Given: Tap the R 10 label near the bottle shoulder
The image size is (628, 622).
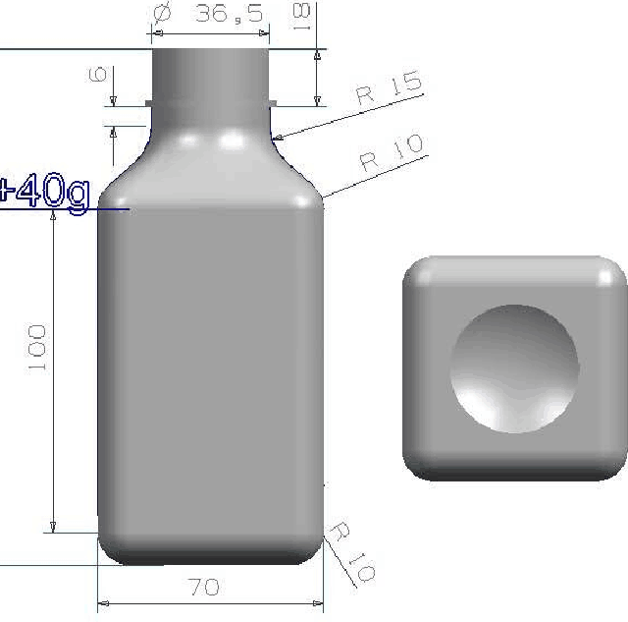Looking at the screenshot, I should click(x=392, y=152).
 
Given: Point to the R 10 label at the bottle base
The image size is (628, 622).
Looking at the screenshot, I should click(x=350, y=552).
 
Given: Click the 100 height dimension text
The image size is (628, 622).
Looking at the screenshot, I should click(x=38, y=348).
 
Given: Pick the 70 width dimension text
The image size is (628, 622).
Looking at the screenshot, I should click(x=204, y=588).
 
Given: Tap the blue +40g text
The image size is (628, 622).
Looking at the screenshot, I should click(x=44, y=192).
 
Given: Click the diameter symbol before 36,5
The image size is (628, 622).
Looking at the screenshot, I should click(x=163, y=14).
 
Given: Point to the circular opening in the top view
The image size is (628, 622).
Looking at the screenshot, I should click(x=514, y=368).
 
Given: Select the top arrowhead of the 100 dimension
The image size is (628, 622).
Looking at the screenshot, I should click(x=54, y=215).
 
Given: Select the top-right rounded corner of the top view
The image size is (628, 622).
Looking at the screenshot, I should click(x=610, y=272).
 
